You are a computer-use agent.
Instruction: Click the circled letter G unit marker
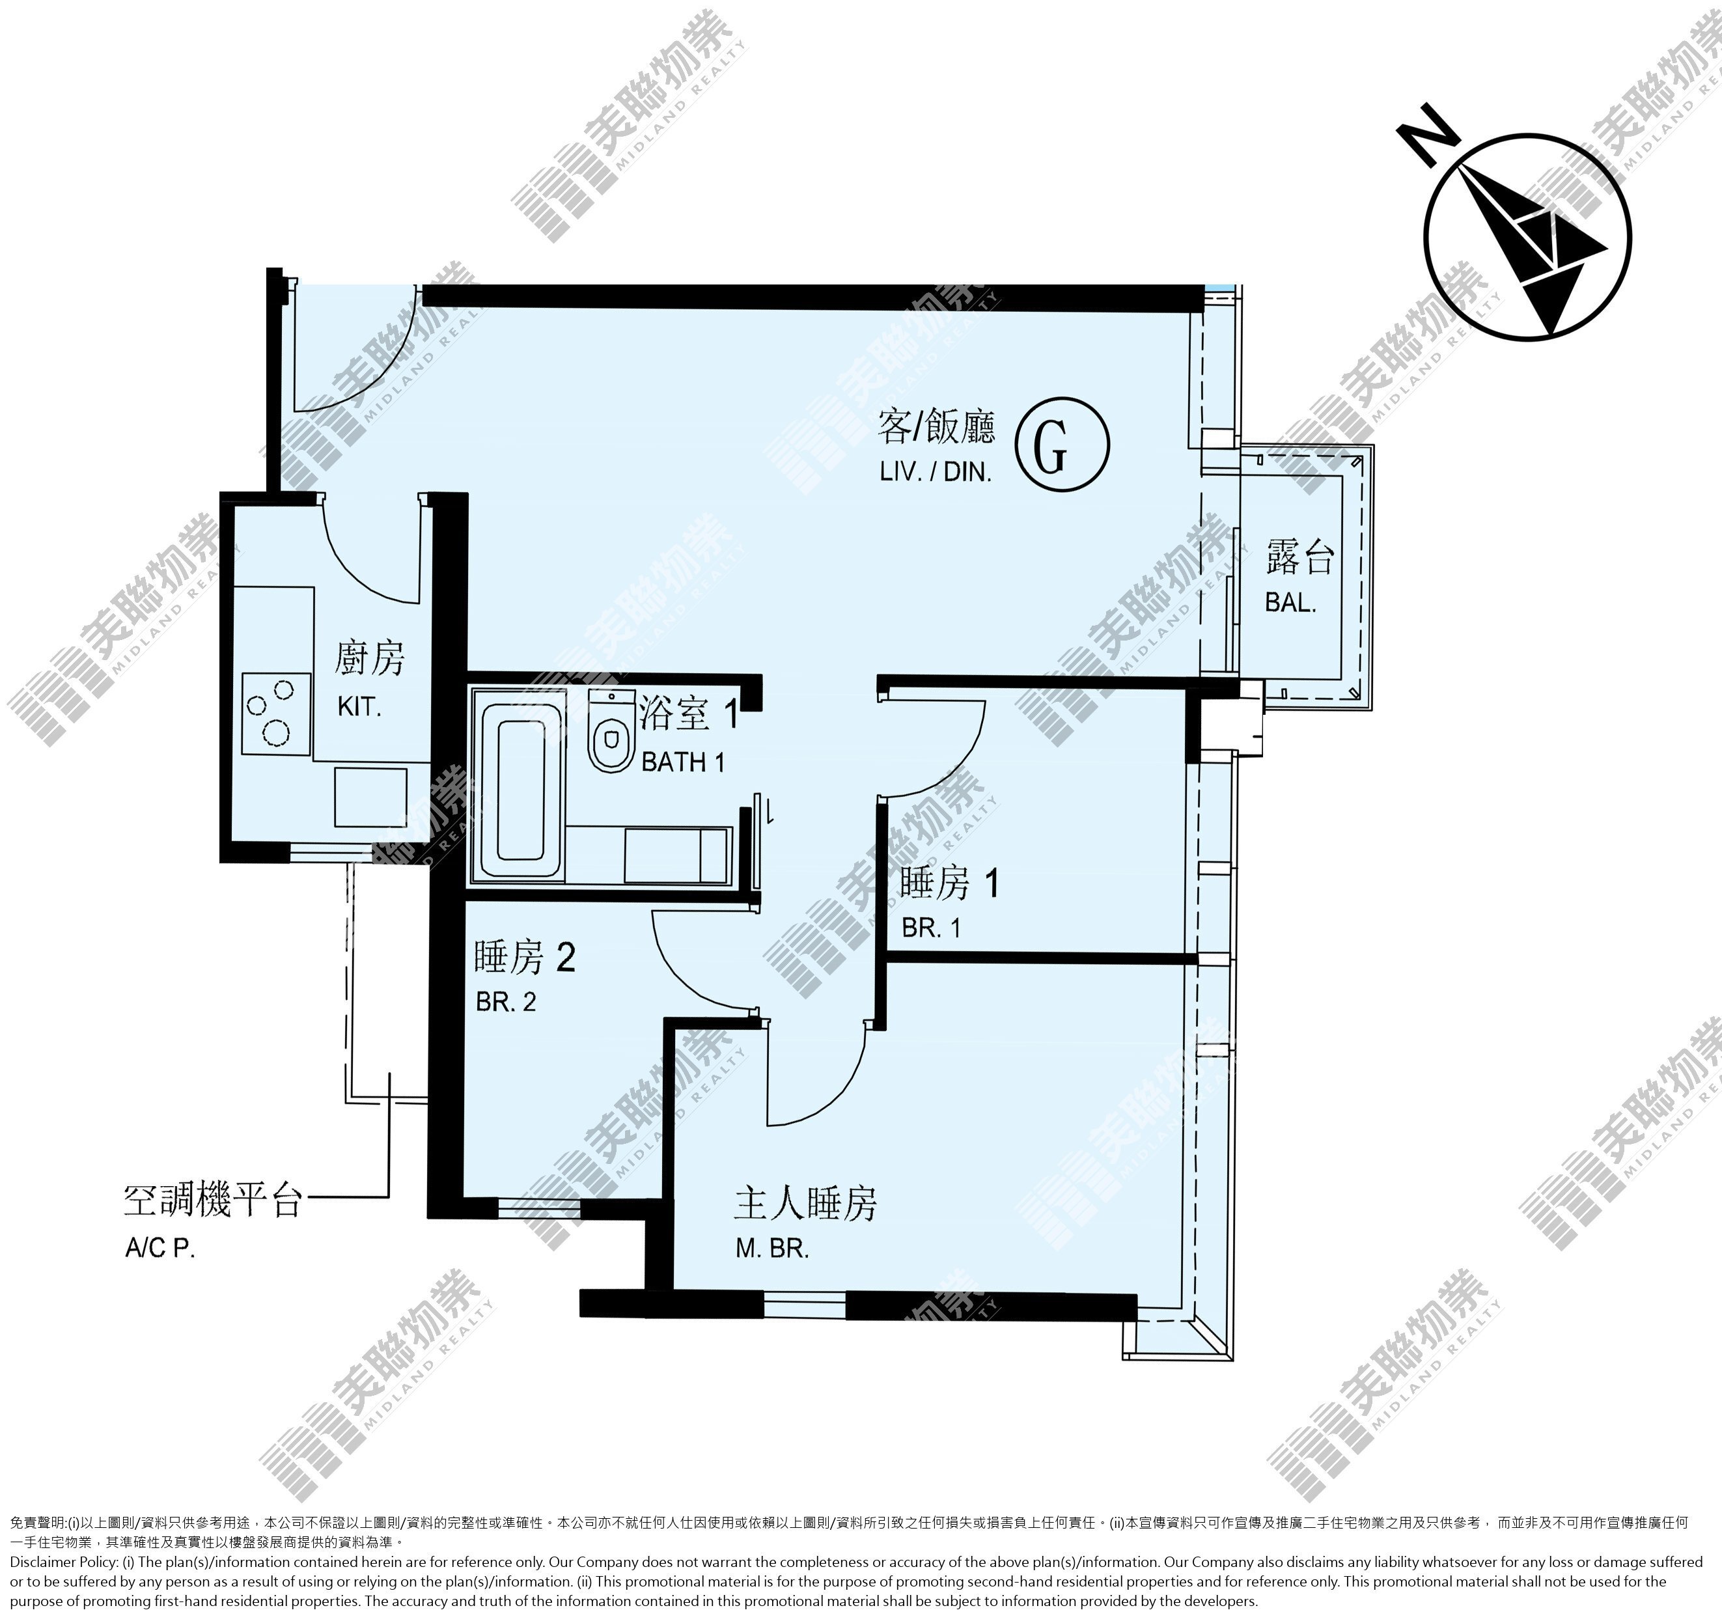tap(1063, 445)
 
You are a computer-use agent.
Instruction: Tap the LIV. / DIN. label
tap(936, 473)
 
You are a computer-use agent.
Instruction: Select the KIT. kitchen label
tap(359, 706)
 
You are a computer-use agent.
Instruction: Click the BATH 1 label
tap(682, 763)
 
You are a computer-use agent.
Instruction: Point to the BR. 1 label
tap(931, 929)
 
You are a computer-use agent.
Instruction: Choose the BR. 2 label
tap(506, 1003)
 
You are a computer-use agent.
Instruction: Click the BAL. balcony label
tap(1290, 603)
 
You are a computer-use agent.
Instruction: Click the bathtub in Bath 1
tap(521, 792)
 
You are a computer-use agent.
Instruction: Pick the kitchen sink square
tap(370, 797)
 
